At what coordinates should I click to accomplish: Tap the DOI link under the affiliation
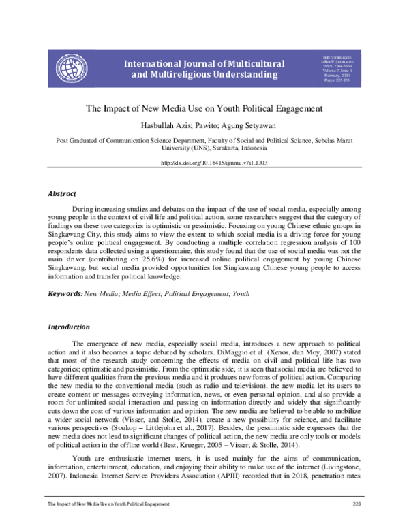[x=204, y=163]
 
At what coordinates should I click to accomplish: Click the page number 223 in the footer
[x=356, y=504]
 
